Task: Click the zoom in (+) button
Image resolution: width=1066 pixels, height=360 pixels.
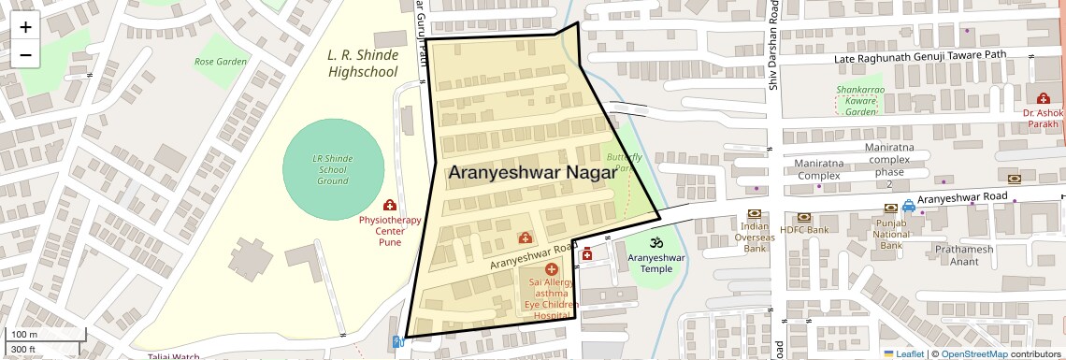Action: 25,27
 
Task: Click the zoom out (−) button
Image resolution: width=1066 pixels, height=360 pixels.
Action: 25,55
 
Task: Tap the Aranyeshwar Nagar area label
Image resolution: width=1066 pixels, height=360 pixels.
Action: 532,173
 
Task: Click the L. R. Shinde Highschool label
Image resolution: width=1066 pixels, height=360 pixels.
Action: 363,63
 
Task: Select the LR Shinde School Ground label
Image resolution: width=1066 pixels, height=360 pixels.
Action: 333,169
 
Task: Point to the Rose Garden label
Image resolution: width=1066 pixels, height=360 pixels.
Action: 221,62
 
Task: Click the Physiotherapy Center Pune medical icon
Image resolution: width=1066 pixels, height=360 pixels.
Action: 390,205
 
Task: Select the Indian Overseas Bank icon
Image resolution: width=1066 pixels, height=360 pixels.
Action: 755,213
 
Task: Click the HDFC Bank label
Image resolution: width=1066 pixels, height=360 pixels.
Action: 804,229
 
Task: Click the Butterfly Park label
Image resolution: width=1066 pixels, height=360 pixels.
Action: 624,163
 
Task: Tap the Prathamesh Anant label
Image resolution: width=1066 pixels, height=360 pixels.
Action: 963,255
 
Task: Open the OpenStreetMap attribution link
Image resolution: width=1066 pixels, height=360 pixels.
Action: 973,353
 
